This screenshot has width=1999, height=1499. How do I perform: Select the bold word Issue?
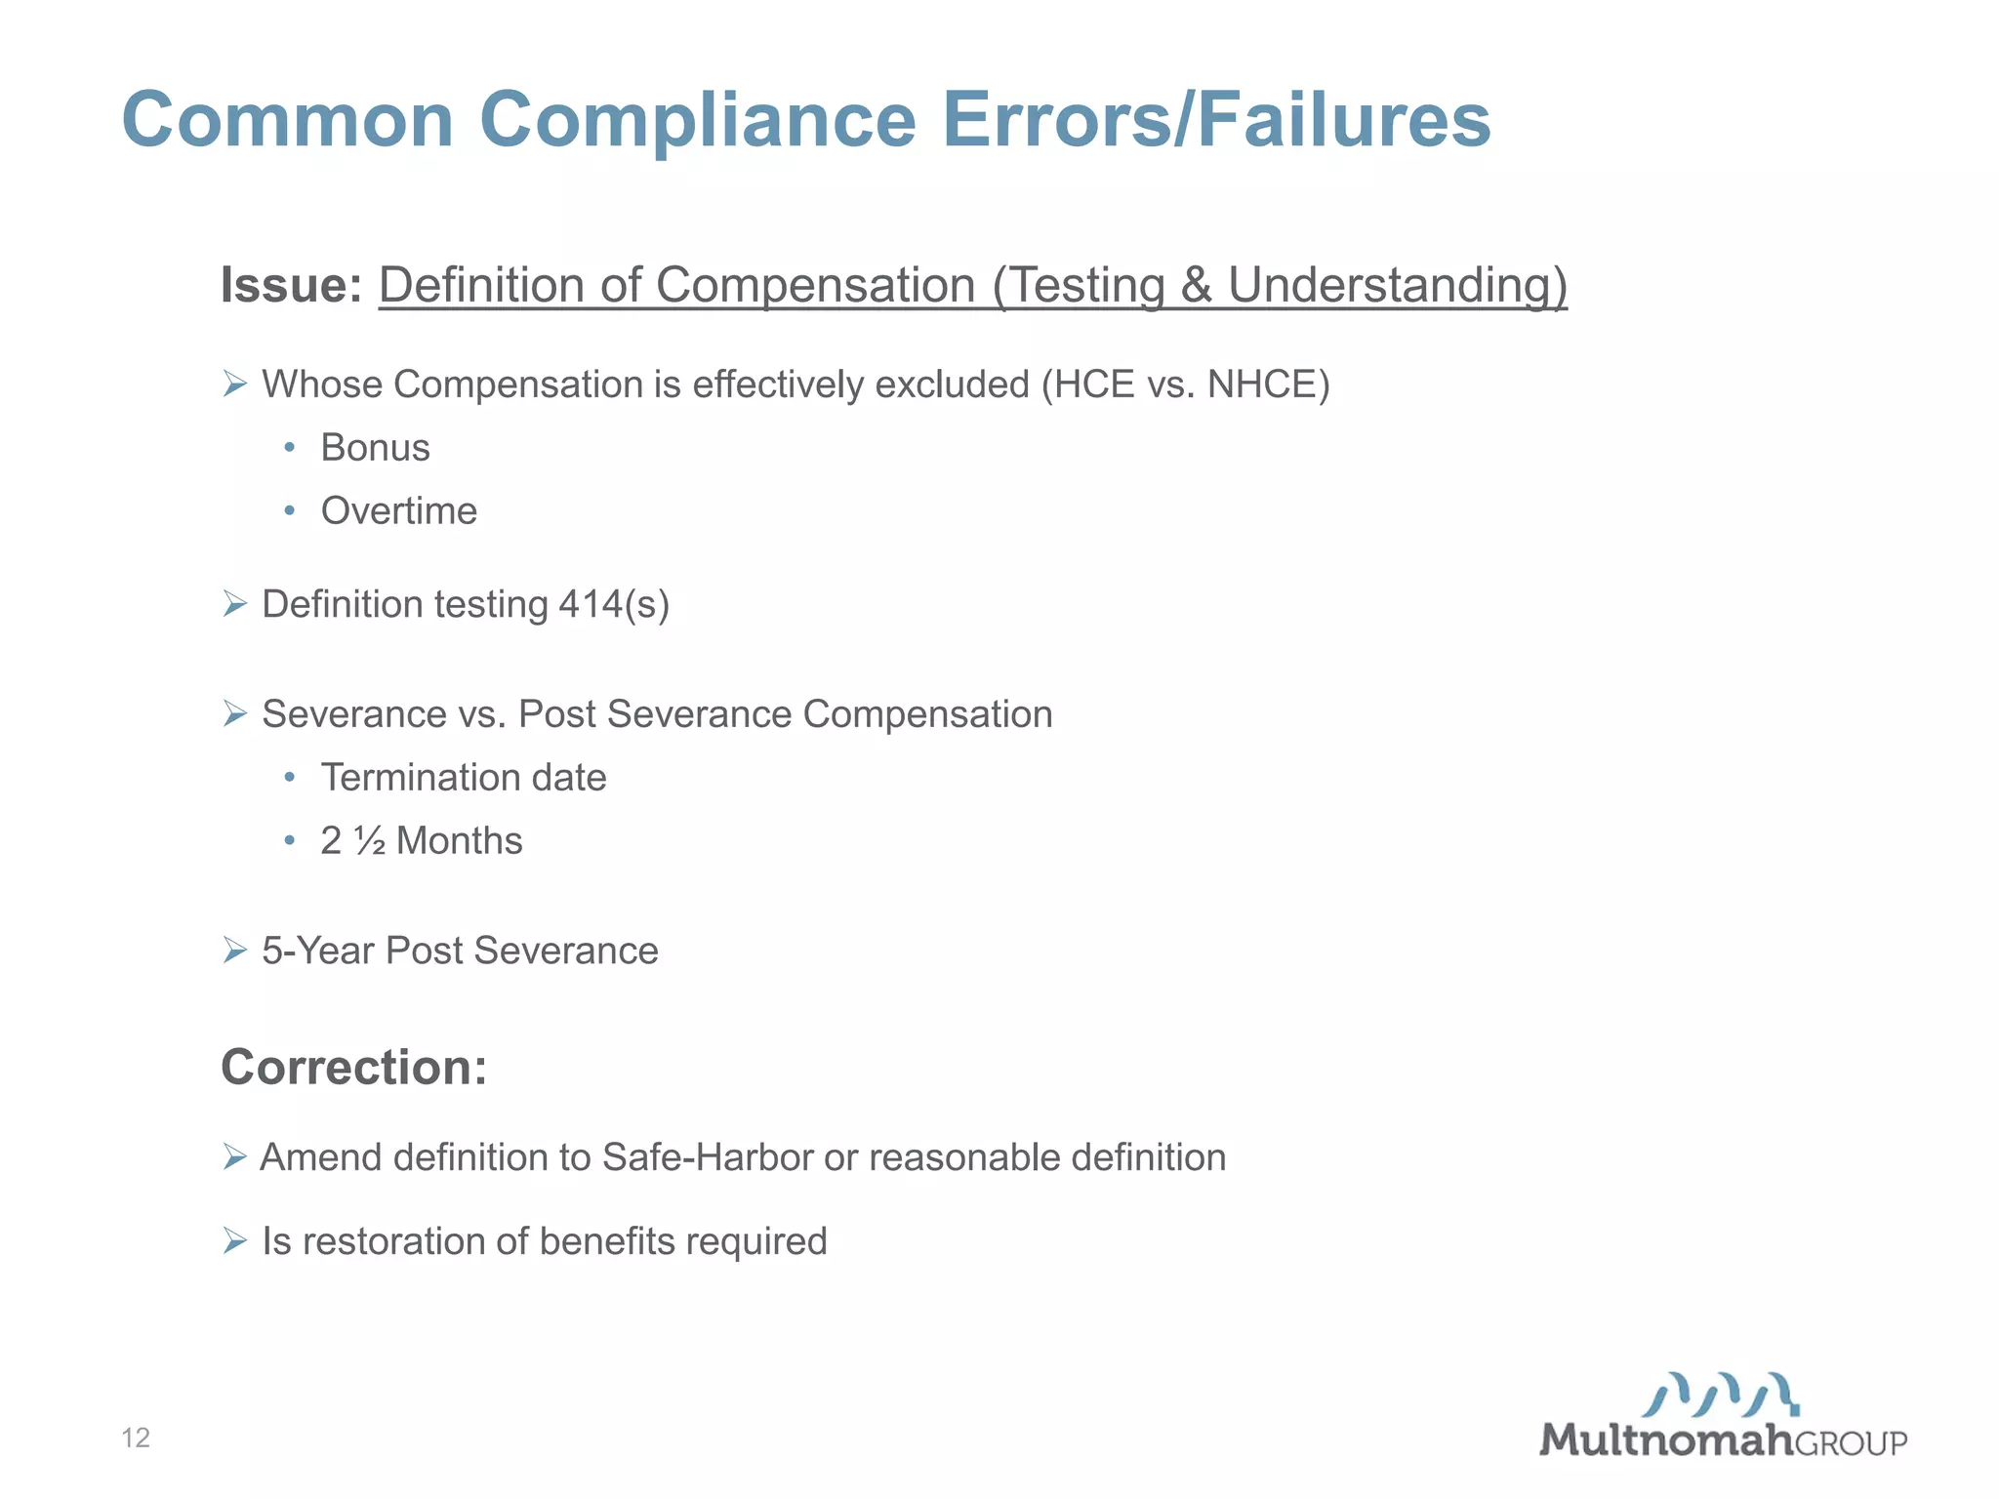(291, 285)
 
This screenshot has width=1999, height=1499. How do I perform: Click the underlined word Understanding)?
(1397, 285)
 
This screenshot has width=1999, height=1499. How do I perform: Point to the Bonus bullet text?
(375, 448)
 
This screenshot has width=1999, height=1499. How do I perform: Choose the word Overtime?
(398, 511)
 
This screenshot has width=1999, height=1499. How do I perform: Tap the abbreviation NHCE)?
(1268, 385)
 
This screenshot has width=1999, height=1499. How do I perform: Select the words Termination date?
(464, 778)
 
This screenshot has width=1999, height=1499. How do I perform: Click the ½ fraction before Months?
(370, 841)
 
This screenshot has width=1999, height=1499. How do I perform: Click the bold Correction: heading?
(353, 1067)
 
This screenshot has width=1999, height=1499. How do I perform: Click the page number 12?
(136, 1438)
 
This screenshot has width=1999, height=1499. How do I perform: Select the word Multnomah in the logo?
(1666, 1440)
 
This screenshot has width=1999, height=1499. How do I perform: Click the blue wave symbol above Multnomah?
(1720, 1395)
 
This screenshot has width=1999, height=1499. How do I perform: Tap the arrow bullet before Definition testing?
(234, 604)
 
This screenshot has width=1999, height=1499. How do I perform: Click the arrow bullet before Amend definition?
(234, 1157)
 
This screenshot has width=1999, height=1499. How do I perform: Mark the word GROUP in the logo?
(1851, 1443)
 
